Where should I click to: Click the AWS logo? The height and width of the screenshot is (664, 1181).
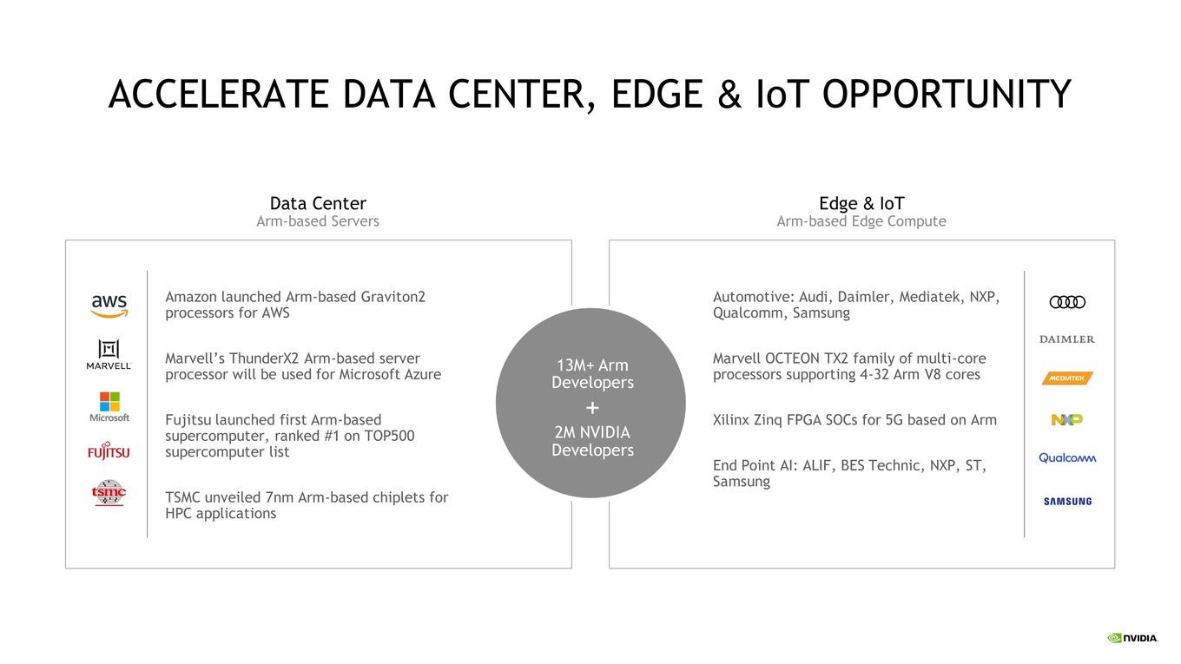click(109, 306)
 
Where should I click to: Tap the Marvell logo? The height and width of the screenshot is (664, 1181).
click(109, 354)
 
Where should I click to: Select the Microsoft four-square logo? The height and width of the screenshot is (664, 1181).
click(109, 402)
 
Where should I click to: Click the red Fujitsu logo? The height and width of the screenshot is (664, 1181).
click(109, 451)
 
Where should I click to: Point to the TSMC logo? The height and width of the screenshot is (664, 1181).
click(109, 493)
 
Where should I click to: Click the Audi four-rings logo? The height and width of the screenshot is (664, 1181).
click(1067, 302)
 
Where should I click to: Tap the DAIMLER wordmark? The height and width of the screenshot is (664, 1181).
click(1067, 339)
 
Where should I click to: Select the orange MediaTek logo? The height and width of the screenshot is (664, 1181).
click(1067, 378)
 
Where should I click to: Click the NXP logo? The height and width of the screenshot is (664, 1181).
click(1067, 419)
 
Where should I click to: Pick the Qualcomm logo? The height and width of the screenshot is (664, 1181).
click(1067, 457)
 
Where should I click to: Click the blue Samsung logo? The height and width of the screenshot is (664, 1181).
click(1067, 501)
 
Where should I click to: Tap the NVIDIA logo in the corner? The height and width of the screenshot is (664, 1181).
click(1132, 638)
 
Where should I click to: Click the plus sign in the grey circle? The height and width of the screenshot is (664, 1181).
click(592, 407)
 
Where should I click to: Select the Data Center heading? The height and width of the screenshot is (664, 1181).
click(318, 203)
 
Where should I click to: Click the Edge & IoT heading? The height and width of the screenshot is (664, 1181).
click(861, 203)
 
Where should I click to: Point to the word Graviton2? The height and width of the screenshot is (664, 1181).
click(393, 297)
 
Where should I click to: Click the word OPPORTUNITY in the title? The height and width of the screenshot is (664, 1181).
click(947, 95)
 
